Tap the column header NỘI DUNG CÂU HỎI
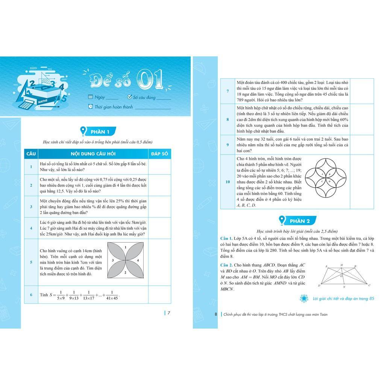click(93, 154)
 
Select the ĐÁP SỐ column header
click(159, 154)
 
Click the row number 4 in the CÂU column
click(31, 228)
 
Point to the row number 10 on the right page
click(227, 182)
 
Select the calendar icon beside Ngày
click(90, 97)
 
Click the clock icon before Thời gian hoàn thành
click(90, 106)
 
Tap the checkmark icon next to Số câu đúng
click(130, 97)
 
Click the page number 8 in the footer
click(216, 314)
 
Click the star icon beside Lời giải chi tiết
click(303, 299)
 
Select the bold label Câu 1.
click(227, 239)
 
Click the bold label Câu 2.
click(227, 265)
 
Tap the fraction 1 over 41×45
click(112, 295)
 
